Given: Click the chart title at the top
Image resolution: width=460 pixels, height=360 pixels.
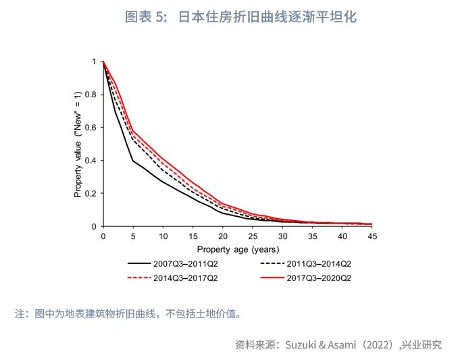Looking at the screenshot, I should point(240,17).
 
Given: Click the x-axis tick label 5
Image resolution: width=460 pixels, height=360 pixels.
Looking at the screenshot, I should point(133,236).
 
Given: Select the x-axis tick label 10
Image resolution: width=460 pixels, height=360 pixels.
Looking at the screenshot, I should point(163,236).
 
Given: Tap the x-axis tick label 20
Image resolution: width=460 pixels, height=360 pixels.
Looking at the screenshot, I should point(223,236).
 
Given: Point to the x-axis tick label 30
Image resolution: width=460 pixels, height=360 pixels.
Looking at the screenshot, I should point(282,236).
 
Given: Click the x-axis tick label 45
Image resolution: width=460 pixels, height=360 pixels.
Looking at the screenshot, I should point(372,236).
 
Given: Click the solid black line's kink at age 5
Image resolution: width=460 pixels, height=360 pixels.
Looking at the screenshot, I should point(133,160).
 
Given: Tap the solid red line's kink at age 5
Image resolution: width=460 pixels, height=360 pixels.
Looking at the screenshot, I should point(133,131).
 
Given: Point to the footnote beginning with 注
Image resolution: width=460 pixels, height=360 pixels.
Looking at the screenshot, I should point(128,313).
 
